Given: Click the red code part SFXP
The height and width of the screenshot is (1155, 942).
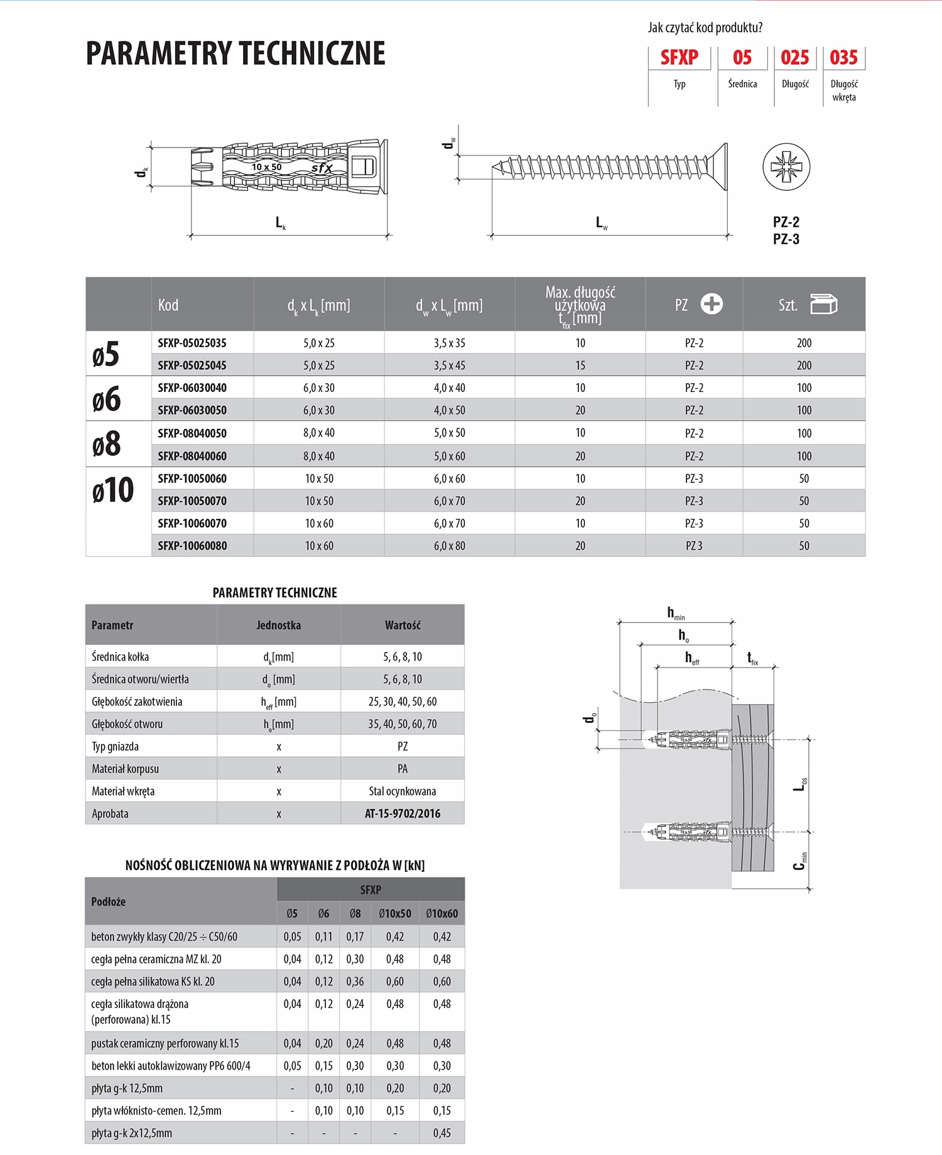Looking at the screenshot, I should tap(679, 58).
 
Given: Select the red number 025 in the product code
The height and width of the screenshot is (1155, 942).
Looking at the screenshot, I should tap(794, 58).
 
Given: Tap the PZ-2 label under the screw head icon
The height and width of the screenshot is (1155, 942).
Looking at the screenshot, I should tap(786, 222).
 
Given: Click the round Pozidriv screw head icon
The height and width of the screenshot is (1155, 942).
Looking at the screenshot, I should tap(786, 167).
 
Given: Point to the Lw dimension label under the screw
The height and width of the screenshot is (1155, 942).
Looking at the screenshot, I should tap(601, 223).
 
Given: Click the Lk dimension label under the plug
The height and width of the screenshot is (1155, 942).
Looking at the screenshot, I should tap(281, 223).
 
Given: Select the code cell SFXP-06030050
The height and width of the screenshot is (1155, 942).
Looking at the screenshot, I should tap(192, 410).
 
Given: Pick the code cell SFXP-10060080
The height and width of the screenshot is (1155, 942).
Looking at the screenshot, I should tap(192, 546).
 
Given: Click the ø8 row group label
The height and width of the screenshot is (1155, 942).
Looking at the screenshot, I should tap(106, 444).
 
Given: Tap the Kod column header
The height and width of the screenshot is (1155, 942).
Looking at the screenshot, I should tap(168, 305).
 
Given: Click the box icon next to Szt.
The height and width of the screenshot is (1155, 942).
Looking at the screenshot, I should tap(823, 304).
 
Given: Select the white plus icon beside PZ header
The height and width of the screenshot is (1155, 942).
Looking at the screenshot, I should tap(712, 304).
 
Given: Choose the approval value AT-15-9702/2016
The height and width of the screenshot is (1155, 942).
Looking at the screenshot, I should tap(403, 813).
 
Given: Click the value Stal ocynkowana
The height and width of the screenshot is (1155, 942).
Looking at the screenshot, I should tap(403, 791).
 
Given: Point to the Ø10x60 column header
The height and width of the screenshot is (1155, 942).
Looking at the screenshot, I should tap(441, 914).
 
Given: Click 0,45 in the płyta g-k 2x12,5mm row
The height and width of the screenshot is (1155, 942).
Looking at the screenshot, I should tap(441, 1133).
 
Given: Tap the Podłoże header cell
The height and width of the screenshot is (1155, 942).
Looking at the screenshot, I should tap(109, 902).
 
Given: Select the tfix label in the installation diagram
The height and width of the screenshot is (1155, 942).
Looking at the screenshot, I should tap(752, 658).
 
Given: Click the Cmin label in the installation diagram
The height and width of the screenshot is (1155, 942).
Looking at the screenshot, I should tap(799, 861).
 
